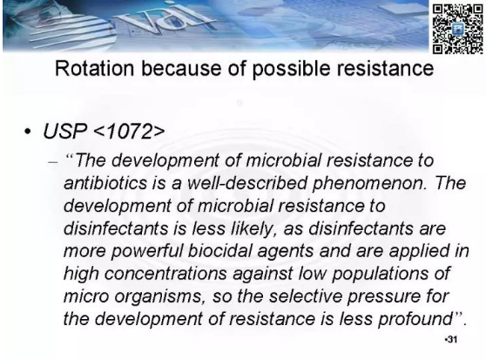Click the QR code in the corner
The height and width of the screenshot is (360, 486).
[457, 29]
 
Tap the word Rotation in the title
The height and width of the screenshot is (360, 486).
[95, 68]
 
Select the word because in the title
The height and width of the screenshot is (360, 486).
[181, 68]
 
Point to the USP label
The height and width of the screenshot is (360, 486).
[64, 132]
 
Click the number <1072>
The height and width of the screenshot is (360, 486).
[129, 132]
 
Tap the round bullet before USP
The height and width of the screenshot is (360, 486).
[28, 132]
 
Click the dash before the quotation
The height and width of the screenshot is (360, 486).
[53, 162]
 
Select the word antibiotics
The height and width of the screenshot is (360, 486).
[105, 183]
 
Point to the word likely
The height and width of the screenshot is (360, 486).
[252, 229]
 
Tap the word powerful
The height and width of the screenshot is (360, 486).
[147, 252]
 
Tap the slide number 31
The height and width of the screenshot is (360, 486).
[451, 340]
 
